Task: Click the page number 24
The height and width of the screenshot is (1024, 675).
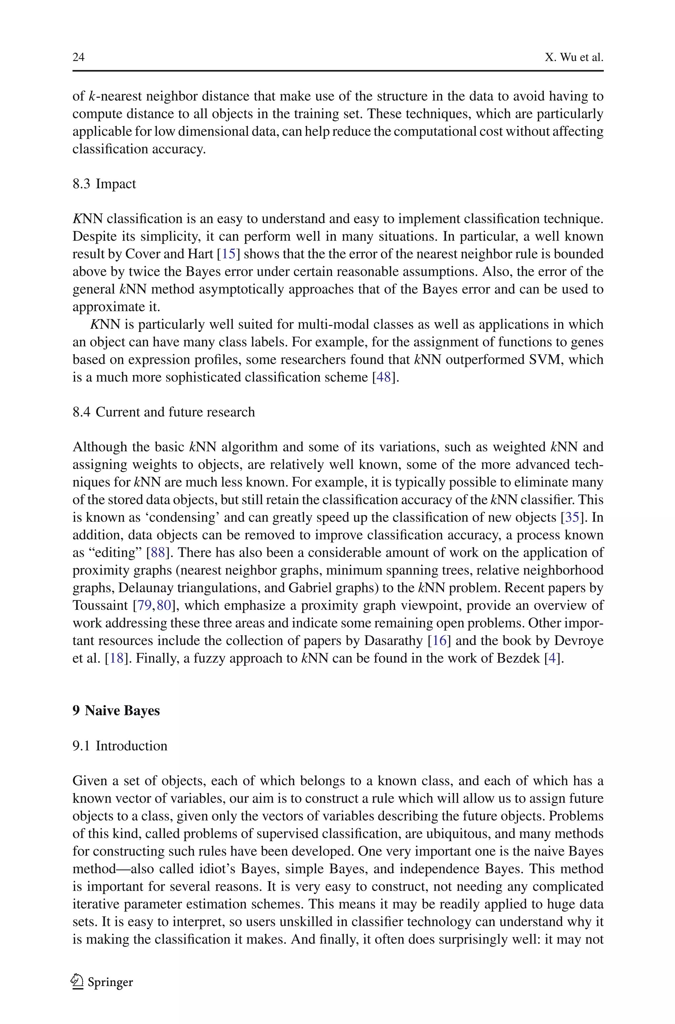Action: [78, 57]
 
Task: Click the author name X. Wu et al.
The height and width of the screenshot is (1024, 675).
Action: [574, 57]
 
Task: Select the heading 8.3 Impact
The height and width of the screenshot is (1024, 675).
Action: [104, 184]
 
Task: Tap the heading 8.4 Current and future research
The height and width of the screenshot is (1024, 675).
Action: [163, 412]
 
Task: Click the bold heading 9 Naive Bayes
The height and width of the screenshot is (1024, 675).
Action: [116, 710]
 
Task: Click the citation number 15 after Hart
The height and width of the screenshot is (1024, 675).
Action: [229, 254]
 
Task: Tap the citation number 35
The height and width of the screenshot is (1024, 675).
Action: [572, 517]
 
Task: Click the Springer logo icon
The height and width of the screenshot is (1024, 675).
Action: [77, 982]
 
